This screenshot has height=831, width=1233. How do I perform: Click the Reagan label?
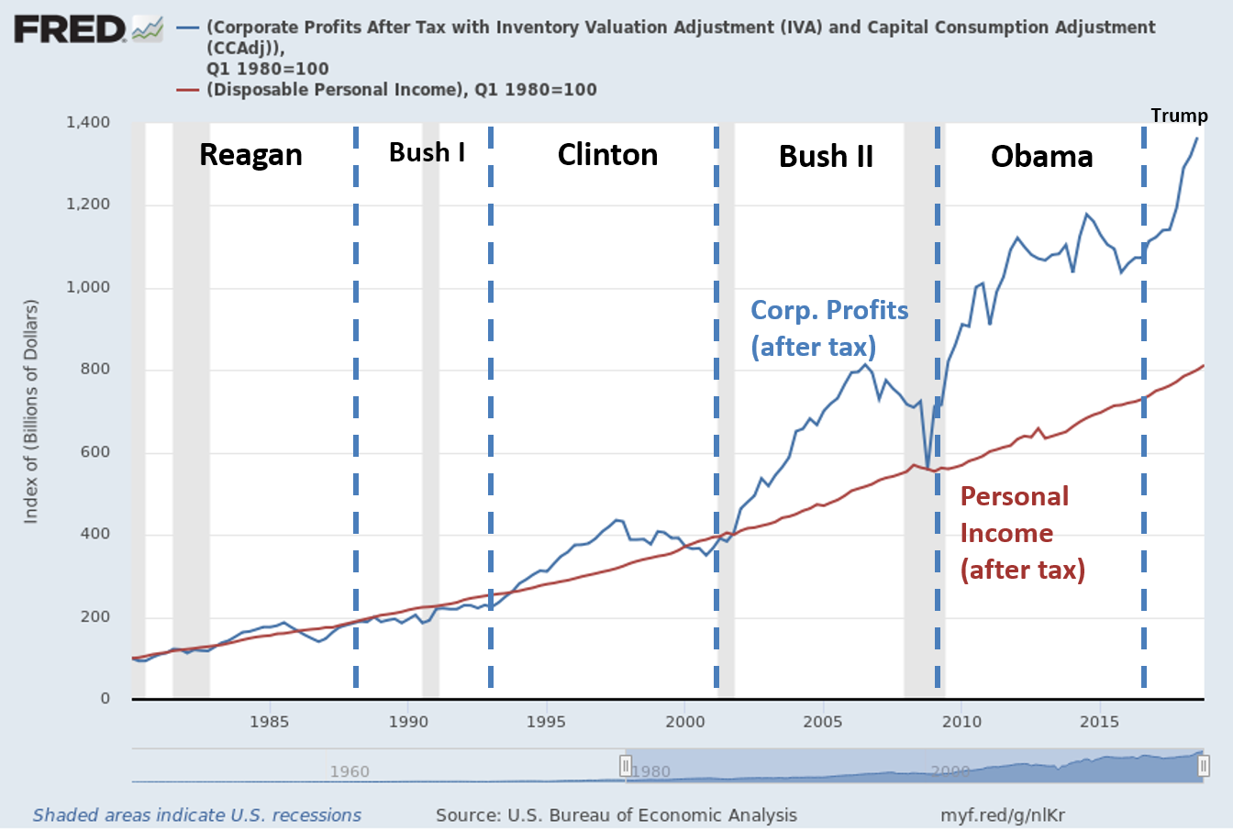point(250,155)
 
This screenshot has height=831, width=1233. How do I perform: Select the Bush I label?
point(427,152)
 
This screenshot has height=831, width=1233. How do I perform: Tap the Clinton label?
point(607,154)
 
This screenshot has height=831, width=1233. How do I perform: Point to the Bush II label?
point(826,156)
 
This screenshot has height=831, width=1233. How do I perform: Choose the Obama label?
point(1041,156)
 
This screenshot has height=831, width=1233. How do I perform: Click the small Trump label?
point(1179,116)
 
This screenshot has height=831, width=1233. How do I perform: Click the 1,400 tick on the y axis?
point(87,122)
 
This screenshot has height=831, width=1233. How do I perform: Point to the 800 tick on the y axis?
point(92,369)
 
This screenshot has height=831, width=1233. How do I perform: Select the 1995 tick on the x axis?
point(546,721)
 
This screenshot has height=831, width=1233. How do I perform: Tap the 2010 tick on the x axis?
point(961,721)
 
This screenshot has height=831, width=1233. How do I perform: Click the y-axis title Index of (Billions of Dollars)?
point(31,411)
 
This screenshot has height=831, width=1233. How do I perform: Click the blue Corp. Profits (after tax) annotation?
point(828,328)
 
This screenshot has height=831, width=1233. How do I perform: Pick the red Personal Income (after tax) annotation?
point(1022,533)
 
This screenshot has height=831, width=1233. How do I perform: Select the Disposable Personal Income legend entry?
point(401,90)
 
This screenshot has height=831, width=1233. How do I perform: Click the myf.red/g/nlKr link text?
point(1002,814)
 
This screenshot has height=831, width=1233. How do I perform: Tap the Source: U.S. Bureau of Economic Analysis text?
point(616,814)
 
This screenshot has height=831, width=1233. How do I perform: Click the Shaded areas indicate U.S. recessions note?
point(197,814)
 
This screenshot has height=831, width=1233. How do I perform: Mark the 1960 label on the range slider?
point(350,771)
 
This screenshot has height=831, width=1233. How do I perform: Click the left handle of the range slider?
point(626,765)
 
